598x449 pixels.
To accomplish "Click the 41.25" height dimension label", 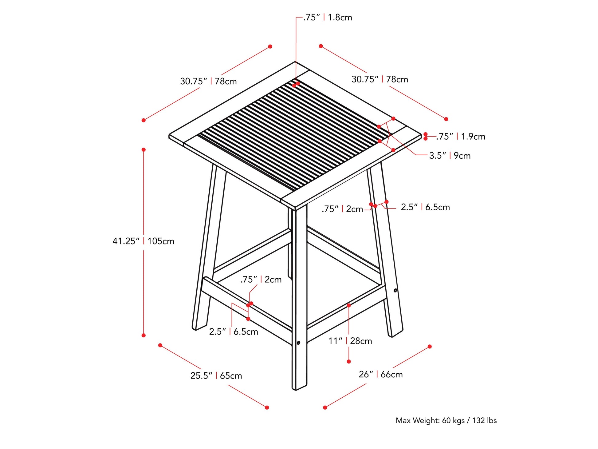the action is [126, 241].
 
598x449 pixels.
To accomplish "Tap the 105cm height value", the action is [161, 241].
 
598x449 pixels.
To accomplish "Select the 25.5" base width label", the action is [201, 375].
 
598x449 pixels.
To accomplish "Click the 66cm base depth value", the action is [391, 374].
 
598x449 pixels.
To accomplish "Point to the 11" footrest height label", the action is [335, 341].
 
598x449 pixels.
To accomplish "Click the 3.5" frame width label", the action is [438, 156].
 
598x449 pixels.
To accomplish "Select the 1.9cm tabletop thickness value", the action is [473, 137].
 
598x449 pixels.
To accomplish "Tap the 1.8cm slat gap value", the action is [340, 18].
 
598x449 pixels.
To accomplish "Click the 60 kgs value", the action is [453, 420].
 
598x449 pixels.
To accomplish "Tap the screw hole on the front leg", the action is [298, 343].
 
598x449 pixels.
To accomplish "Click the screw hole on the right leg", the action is [395, 290].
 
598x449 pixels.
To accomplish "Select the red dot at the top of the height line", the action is [144, 150].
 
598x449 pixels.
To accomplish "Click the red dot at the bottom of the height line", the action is [144, 335].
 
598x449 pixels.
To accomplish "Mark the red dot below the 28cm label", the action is [349, 362].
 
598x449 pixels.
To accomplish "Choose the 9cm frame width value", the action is [462, 156].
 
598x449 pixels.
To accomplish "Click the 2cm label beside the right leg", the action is [355, 209].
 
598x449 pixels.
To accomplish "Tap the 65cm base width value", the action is [231, 375].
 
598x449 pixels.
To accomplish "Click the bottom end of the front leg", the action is [299, 388].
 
